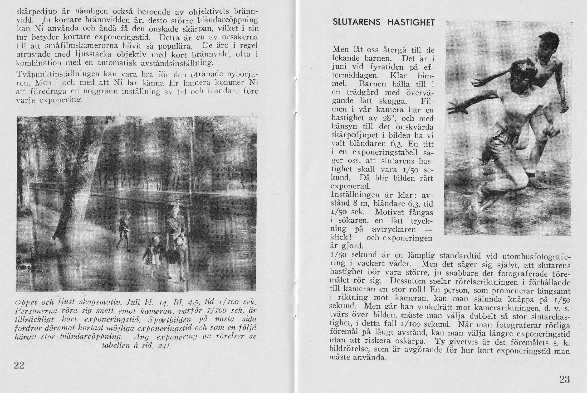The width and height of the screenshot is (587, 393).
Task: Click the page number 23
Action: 564,380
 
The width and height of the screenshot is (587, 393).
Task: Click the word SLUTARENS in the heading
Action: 357,22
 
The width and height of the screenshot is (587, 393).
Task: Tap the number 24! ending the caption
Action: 164,346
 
